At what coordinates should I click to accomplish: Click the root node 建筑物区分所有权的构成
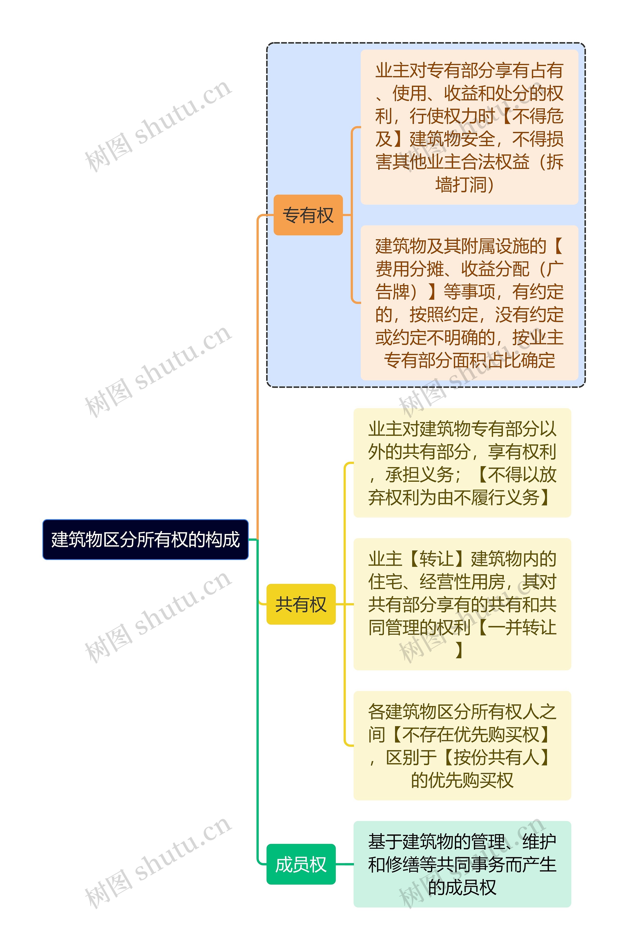145,539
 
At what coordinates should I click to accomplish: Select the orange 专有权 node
308,215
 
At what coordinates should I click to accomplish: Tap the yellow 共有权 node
301,604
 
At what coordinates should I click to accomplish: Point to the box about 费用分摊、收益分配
469,303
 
